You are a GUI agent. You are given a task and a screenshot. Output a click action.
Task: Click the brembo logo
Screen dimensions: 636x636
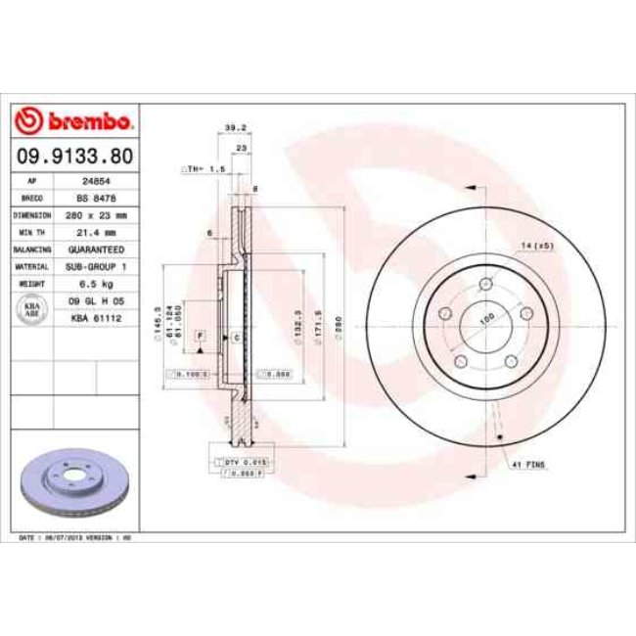[74, 121]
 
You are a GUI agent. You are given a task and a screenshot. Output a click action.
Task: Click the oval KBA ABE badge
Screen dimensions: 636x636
[29, 309]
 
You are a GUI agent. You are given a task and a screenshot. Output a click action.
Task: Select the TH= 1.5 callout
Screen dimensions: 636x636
[204, 169]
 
